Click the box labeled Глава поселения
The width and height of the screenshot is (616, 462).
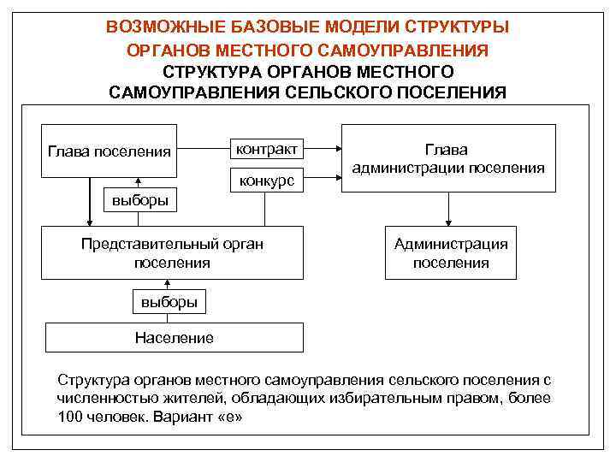click(109, 151)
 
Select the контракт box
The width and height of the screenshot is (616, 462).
click(266, 149)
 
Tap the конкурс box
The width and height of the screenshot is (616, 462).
click(266, 181)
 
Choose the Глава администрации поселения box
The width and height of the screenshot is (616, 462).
click(448, 158)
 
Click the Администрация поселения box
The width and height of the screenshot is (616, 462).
click(450, 253)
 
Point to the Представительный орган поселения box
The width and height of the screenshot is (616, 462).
click(173, 253)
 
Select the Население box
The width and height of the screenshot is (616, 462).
click(174, 338)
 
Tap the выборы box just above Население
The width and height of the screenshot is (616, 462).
click(169, 302)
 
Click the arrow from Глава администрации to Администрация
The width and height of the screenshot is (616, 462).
click(448, 209)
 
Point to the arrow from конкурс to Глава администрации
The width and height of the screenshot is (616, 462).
click(324, 180)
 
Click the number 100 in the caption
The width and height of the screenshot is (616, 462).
click(70, 418)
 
